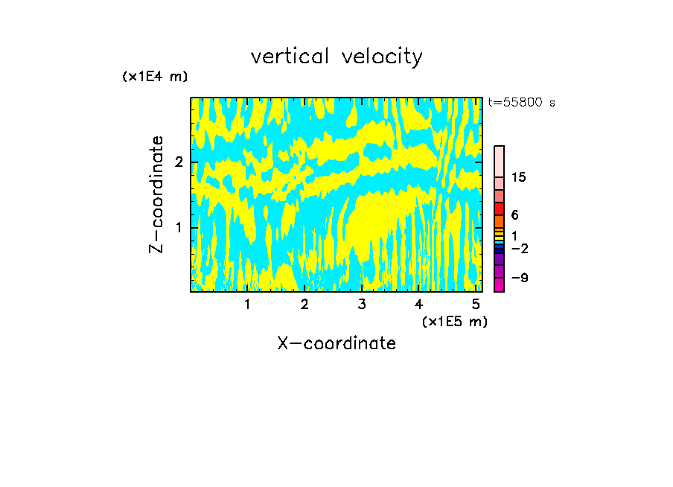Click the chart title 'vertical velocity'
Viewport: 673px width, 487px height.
tap(336, 57)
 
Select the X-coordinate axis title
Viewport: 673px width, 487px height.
tap(336, 343)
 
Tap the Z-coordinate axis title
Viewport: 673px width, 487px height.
tap(156, 194)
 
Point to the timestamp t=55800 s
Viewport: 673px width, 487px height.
tap(521, 103)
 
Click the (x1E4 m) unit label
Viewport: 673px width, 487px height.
tap(155, 77)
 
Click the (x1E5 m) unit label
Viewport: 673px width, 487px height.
tap(454, 321)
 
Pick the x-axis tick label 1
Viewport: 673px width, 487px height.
tap(247, 305)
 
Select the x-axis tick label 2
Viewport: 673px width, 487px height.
tap(304, 305)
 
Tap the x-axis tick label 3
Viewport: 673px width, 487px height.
tap(362, 305)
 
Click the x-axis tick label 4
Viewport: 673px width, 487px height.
tap(418, 305)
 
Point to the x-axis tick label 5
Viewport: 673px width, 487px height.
tap(476, 305)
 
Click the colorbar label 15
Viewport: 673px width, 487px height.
tap(519, 177)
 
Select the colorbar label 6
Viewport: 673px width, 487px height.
tap(514, 215)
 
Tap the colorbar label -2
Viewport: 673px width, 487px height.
tap(519, 248)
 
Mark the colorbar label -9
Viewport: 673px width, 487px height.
tap(519, 278)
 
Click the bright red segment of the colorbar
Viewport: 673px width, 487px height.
tap(499, 209)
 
